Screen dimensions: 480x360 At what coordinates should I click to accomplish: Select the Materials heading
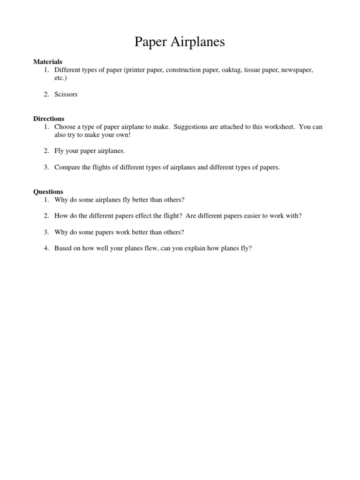(x=47, y=62)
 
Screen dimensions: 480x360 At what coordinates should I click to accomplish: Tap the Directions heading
(x=48, y=119)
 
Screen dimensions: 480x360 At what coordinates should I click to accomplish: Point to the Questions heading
(x=48, y=192)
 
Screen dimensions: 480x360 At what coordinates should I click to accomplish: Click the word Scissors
(x=66, y=94)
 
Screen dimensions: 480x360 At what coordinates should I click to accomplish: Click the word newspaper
(x=297, y=70)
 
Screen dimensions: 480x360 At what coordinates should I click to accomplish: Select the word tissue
(x=252, y=70)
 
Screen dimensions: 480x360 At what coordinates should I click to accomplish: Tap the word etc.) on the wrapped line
(x=61, y=77)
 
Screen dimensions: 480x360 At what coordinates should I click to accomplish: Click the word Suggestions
(x=192, y=127)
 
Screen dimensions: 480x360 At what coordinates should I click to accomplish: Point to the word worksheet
(x=278, y=127)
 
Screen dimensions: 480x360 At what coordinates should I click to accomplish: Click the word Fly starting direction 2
(x=60, y=151)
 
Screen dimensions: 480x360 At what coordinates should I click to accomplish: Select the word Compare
(x=68, y=167)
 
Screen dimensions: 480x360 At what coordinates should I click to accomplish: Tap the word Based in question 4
(x=63, y=248)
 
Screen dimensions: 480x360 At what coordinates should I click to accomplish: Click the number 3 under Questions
(x=46, y=232)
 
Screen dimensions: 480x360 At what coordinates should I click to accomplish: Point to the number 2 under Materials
(x=46, y=94)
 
